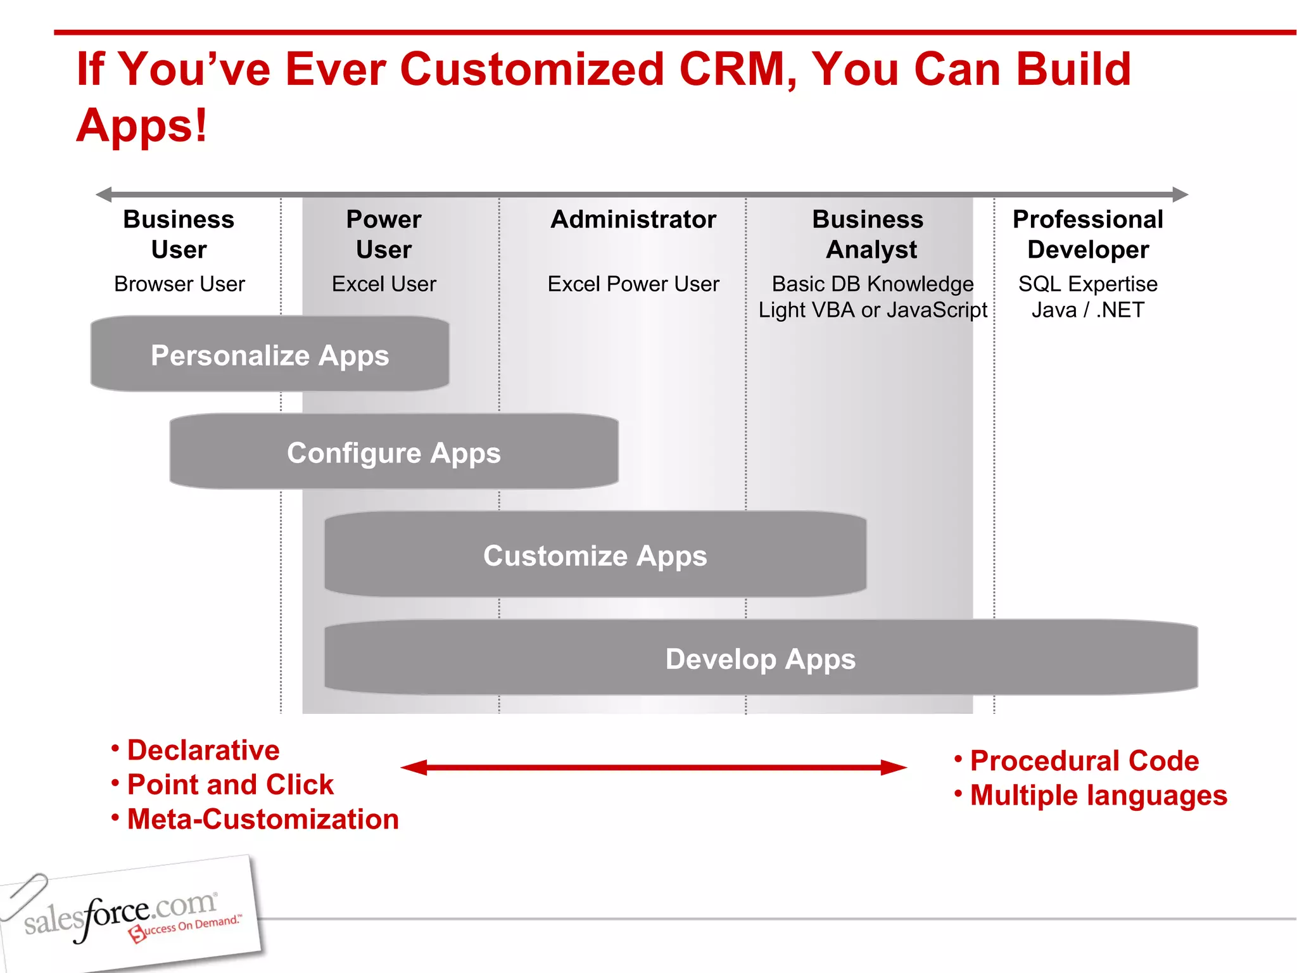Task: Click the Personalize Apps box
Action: tap(270, 355)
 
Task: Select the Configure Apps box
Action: tap(394, 452)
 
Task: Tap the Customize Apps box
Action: tap(595, 555)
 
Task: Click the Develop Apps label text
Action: tap(760, 659)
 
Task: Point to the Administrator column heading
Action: tap(633, 219)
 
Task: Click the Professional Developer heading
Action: tap(1087, 234)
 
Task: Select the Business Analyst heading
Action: tap(868, 234)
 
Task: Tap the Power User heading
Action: tap(384, 234)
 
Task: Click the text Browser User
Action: tap(179, 284)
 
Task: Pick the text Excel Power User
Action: tap(633, 284)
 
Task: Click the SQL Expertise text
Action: tap(1087, 284)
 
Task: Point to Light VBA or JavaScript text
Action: tap(873, 310)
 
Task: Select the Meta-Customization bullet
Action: tap(262, 819)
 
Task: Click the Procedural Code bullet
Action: tap(1084, 761)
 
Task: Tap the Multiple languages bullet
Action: tap(1098, 796)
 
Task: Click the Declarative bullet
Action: tap(203, 750)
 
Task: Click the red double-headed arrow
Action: tap(654, 768)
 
